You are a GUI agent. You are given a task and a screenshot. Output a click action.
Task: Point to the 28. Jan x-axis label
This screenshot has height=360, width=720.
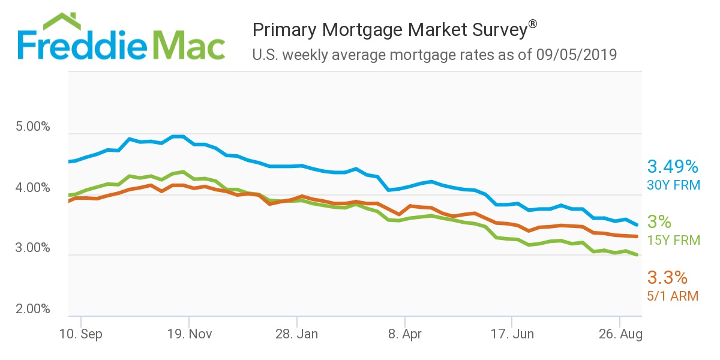pyautogui.click(x=296, y=334)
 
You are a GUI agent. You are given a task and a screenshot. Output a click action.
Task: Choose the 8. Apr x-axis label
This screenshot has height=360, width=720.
pyautogui.click(x=405, y=334)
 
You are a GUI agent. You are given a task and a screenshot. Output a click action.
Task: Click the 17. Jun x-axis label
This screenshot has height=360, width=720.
pyautogui.click(x=512, y=334)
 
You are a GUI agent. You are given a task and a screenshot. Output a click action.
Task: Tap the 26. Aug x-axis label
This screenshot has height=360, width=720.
pyautogui.click(x=619, y=334)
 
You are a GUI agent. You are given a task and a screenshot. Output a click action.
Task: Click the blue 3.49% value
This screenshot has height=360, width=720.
pyautogui.click(x=673, y=166)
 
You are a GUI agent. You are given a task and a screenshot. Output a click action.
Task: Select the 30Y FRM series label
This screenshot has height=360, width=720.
pyautogui.click(x=673, y=185)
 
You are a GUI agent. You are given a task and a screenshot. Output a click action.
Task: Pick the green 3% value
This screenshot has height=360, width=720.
pyautogui.click(x=659, y=222)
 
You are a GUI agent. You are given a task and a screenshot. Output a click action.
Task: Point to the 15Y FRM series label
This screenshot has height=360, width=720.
pyautogui.click(x=673, y=241)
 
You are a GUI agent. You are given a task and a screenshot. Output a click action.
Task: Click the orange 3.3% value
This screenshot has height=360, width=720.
pyautogui.click(x=666, y=277)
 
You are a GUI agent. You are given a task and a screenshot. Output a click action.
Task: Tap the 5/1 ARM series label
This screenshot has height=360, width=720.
pyautogui.click(x=673, y=296)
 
